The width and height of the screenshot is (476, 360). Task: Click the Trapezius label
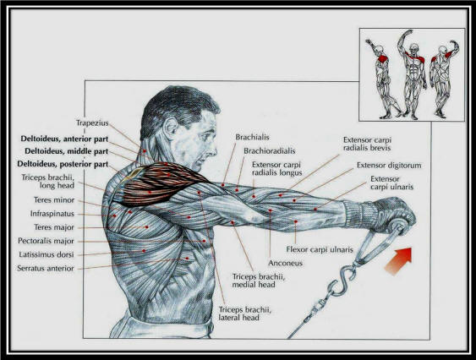tap(92, 123)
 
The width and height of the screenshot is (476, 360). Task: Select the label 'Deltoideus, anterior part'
tap(64, 139)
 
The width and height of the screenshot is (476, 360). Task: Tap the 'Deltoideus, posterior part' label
tap(63, 164)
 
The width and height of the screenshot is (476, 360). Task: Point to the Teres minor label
tap(54, 200)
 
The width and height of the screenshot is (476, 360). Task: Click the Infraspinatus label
tap(52, 214)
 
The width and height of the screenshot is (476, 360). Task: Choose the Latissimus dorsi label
tap(47, 254)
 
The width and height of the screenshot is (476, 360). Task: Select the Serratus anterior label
tap(46, 269)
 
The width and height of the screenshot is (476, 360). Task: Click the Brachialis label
tap(252, 137)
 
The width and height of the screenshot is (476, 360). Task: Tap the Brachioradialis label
tap(269, 151)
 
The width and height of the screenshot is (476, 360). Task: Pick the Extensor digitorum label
tap(389, 166)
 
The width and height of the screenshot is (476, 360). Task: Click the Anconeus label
tap(286, 263)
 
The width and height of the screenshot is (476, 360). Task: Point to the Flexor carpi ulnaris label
tap(320, 249)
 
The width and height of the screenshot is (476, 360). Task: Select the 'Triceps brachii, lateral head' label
tap(245, 314)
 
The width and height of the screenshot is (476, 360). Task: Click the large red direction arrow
tap(399, 261)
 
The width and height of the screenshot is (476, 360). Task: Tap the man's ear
tap(171, 128)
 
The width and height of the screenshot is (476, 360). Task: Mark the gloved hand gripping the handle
tap(391, 213)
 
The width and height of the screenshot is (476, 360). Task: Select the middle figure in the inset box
tap(412, 74)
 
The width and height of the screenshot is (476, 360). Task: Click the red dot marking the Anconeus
tap(271, 210)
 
